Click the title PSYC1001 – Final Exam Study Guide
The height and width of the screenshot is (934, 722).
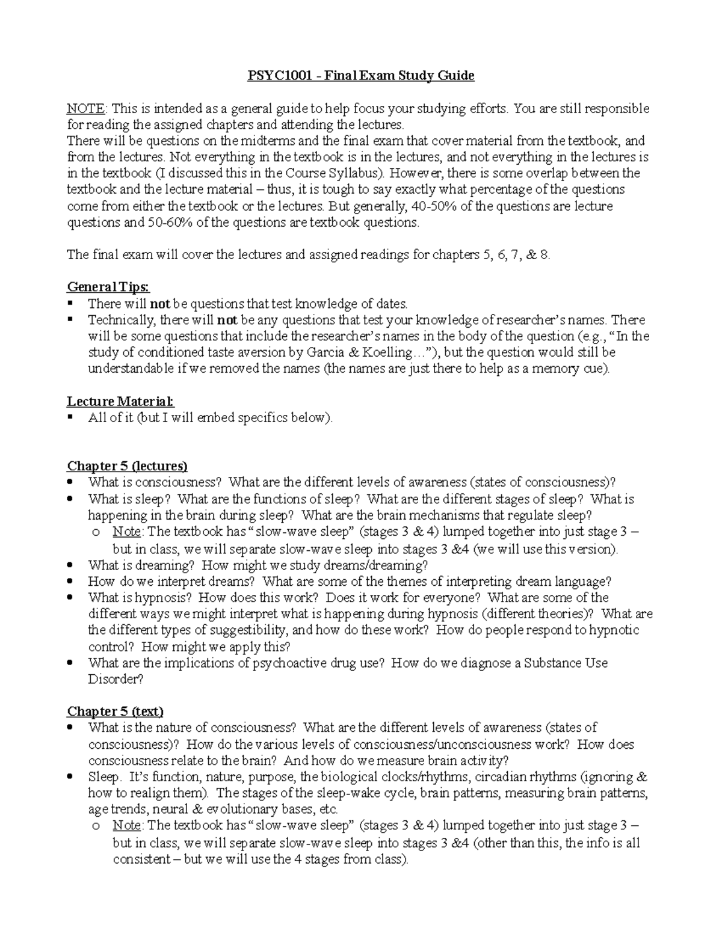coord(362,76)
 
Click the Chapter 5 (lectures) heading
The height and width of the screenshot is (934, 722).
coord(127,466)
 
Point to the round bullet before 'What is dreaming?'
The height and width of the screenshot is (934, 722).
coord(71,565)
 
